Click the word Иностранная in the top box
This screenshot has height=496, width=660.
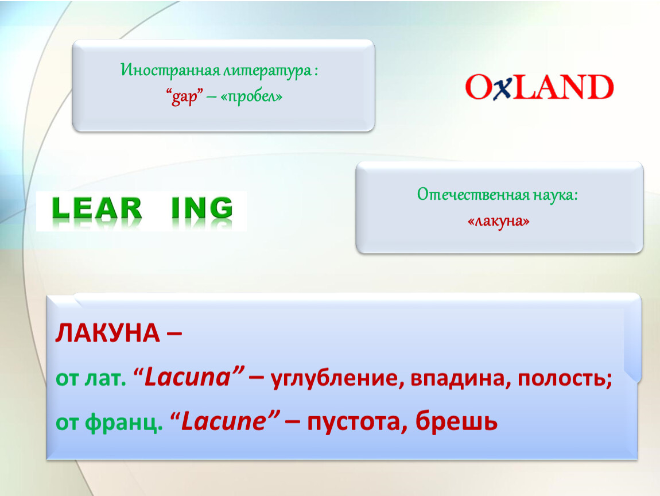click(170, 70)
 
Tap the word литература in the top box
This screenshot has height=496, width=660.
click(267, 71)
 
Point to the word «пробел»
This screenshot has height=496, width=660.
click(251, 96)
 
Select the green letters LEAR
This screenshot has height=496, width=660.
click(97, 208)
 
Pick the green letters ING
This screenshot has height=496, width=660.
click(202, 208)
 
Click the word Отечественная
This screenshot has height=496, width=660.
click(473, 195)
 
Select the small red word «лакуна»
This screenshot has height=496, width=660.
click(498, 220)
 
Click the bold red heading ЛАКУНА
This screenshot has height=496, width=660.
click(107, 334)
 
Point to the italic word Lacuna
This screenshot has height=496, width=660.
click(188, 377)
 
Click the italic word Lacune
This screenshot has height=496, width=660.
click(223, 421)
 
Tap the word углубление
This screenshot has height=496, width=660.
click(334, 378)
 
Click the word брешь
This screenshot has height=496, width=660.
click(456, 421)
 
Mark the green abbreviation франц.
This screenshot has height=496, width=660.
click(124, 422)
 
